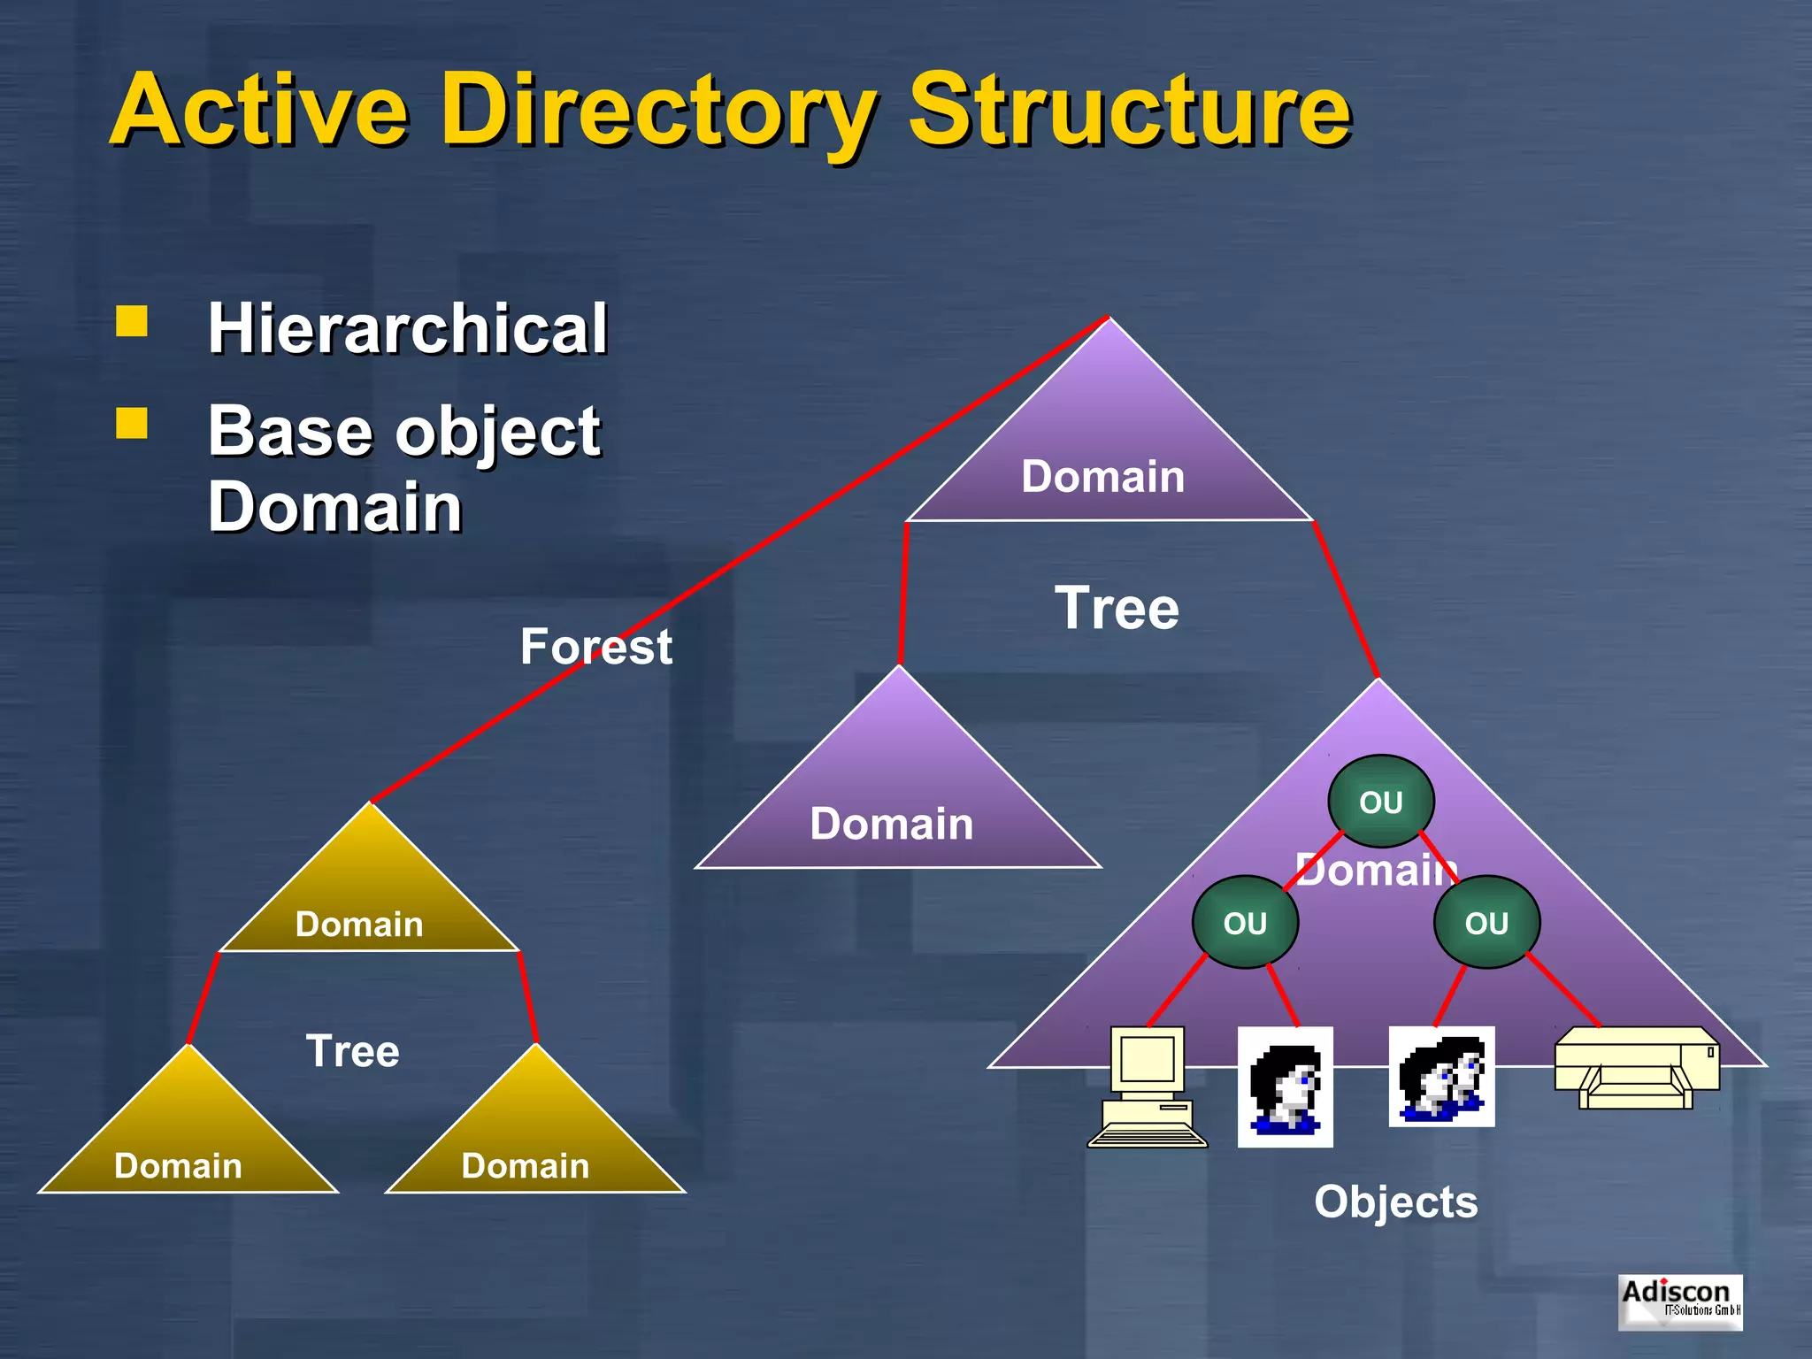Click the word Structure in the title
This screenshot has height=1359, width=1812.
tap(1129, 110)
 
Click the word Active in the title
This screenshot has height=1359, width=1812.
tap(259, 110)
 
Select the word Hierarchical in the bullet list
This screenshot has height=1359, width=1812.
tap(407, 328)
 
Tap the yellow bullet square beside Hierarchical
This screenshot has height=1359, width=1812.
tap(132, 322)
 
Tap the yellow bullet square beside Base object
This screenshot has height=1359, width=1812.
tap(132, 424)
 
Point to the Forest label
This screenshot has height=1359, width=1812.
tap(595, 647)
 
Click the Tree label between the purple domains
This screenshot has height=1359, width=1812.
tap(1117, 609)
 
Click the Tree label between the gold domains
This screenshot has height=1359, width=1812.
tap(352, 1051)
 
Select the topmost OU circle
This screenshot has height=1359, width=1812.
tap(1380, 802)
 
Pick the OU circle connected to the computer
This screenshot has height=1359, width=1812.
tap(1245, 923)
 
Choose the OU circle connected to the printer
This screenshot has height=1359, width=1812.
tap(1486, 923)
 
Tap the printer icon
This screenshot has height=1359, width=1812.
tap(1637, 1068)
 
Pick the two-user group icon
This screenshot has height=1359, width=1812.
tap(1441, 1077)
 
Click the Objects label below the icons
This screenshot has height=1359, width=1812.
tap(1395, 1202)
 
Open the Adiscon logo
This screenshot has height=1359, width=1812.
tap(1679, 1301)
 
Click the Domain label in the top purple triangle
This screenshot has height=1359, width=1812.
tap(1102, 477)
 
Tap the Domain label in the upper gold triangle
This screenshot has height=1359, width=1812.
tap(358, 925)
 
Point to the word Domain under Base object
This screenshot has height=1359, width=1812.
tap(334, 507)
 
